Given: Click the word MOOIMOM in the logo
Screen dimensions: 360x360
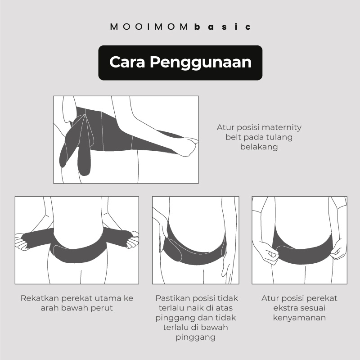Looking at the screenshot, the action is coord(149,27).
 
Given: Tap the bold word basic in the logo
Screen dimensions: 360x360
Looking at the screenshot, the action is coord(223,27).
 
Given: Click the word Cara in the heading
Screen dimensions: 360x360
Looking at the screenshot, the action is coord(127,62).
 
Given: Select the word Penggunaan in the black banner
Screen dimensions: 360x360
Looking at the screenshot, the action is coord(201,63).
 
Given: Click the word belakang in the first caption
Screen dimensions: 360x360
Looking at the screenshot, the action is coord(259,147).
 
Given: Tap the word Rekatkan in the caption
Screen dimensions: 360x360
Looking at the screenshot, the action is coord(40,298).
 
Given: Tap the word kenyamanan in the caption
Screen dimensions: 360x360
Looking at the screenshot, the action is coord(299,318).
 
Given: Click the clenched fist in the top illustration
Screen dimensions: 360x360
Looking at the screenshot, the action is coord(189,145).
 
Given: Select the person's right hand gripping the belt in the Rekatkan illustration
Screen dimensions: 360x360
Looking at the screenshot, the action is coord(22,242).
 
